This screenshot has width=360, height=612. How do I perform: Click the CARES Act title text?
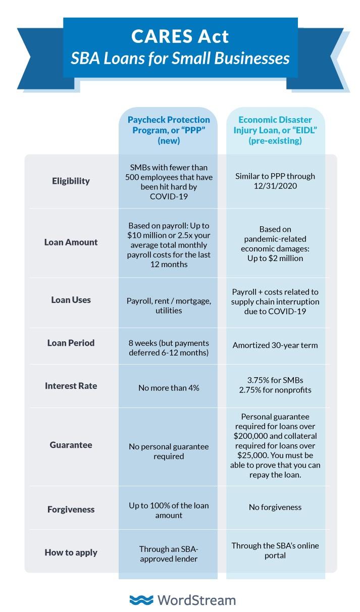coord(180,36)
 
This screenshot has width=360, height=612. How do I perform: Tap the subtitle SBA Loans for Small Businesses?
coord(180,58)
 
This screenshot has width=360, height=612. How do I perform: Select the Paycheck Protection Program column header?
coord(168,130)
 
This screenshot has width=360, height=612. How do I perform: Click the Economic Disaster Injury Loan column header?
coord(275,130)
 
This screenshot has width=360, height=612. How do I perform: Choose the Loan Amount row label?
coord(71,242)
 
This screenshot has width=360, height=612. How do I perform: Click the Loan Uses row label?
coord(71,300)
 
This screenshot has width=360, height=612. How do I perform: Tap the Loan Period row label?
coord(71,343)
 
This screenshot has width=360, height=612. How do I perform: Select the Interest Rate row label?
coord(71,386)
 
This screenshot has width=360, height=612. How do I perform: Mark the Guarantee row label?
coord(71,445)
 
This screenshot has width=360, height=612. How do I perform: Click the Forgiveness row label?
coord(71,509)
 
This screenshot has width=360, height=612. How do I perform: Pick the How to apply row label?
coord(71,552)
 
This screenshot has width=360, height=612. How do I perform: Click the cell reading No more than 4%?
coord(168,388)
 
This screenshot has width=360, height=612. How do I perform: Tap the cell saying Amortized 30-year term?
coord(275,346)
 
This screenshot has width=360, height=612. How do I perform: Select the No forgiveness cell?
coord(275,507)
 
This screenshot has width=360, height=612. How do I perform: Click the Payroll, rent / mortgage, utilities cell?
coord(168,305)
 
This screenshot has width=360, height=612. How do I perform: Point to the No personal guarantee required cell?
coord(168,451)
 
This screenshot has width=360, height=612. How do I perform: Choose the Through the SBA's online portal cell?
coord(275,550)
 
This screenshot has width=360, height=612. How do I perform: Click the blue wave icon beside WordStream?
coord(141,600)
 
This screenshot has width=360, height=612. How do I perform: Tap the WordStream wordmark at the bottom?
coord(196,600)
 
